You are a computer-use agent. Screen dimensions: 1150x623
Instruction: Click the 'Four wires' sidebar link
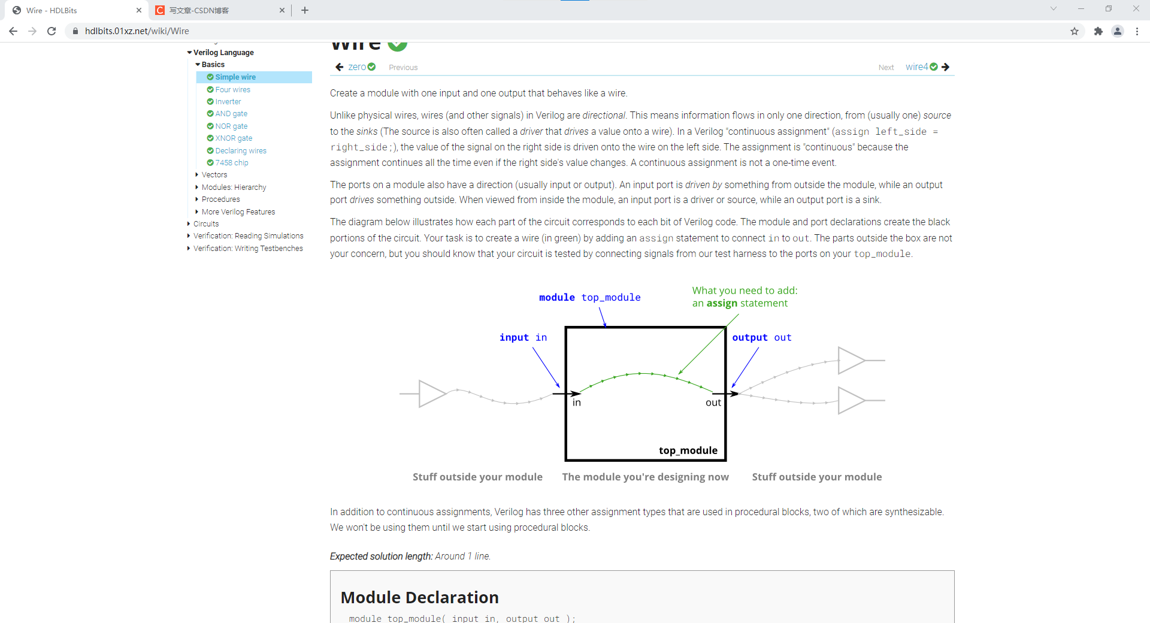tap(232, 90)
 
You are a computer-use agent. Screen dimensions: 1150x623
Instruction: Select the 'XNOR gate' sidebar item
tap(234, 138)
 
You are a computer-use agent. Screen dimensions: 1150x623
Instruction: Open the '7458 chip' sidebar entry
tap(232, 163)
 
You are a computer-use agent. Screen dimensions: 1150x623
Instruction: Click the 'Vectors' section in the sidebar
tap(214, 175)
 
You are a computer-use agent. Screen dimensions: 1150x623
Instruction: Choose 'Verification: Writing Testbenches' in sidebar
tap(248, 249)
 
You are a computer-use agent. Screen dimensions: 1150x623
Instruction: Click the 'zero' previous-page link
tap(357, 67)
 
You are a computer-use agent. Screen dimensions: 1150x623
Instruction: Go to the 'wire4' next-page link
tap(916, 67)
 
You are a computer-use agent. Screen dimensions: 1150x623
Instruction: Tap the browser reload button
tap(52, 31)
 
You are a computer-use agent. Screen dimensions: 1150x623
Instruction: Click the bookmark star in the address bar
tap(1075, 31)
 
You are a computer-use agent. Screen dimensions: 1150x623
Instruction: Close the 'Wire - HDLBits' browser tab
tap(139, 10)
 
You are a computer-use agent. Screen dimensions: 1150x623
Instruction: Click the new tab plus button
tap(305, 10)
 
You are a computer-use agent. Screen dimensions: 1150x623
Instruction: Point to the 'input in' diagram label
tap(523, 337)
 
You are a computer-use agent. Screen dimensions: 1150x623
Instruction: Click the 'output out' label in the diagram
tap(762, 337)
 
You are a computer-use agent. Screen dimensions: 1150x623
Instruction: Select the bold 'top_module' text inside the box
tap(688, 450)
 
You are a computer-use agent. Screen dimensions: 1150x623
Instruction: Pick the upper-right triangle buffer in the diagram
tap(851, 361)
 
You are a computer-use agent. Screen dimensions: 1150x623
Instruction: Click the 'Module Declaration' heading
tap(419, 597)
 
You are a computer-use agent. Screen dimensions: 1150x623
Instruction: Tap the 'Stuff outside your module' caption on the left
tap(477, 477)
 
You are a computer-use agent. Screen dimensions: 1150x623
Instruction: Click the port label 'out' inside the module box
tap(713, 403)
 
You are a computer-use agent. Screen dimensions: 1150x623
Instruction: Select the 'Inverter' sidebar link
tap(228, 102)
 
